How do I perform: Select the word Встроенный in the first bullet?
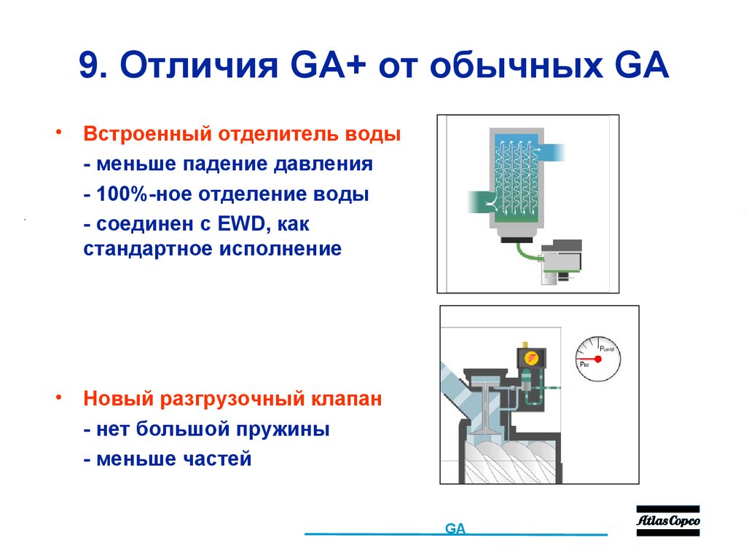(x=144, y=135)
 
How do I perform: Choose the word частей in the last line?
(x=216, y=459)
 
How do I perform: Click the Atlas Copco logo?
(x=667, y=521)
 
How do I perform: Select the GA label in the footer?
(x=455, y=529)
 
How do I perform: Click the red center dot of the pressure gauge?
(x=598, y=359)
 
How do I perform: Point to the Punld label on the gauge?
(x=607, y=349)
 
